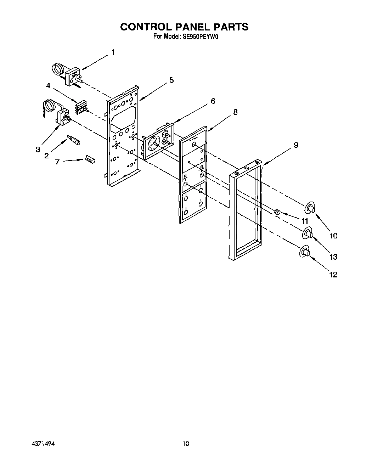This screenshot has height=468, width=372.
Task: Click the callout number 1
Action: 113,52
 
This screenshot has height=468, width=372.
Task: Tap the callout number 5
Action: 171,80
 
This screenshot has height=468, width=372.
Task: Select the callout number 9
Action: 296,145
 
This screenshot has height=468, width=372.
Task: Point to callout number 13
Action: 333,257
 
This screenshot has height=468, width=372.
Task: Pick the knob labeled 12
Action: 304,252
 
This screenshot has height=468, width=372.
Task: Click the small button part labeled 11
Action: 277,212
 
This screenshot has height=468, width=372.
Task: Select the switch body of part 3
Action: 63,117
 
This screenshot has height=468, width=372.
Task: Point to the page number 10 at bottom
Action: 186,444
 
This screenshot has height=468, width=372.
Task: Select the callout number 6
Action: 213,101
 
